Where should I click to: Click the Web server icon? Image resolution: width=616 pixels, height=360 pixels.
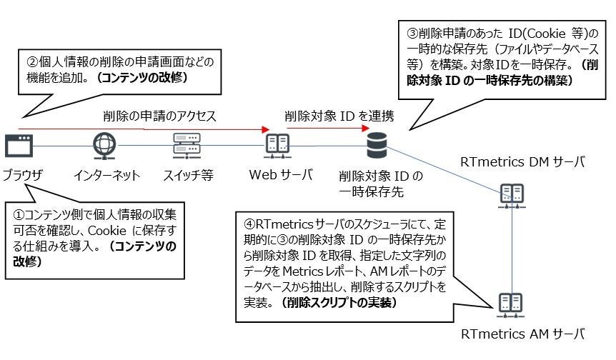[277, 146]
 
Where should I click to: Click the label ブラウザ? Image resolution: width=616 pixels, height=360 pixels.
[22, 175]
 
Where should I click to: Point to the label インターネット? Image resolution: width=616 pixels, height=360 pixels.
[106, 175]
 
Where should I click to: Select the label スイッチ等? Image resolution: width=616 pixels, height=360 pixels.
[188, 175]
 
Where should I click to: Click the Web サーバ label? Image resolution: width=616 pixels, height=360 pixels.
[280, 174]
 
